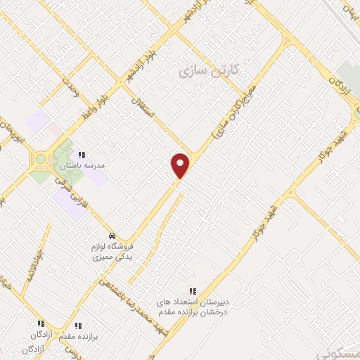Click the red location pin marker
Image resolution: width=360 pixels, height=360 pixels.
point(181,165)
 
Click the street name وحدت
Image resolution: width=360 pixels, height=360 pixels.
point(70,87)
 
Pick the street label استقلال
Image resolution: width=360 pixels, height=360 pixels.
point(137,105)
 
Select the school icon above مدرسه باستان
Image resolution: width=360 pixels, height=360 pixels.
point(82,155)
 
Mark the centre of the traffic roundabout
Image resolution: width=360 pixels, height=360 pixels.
point(41,159)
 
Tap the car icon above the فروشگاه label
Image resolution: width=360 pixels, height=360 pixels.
point(112,235)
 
